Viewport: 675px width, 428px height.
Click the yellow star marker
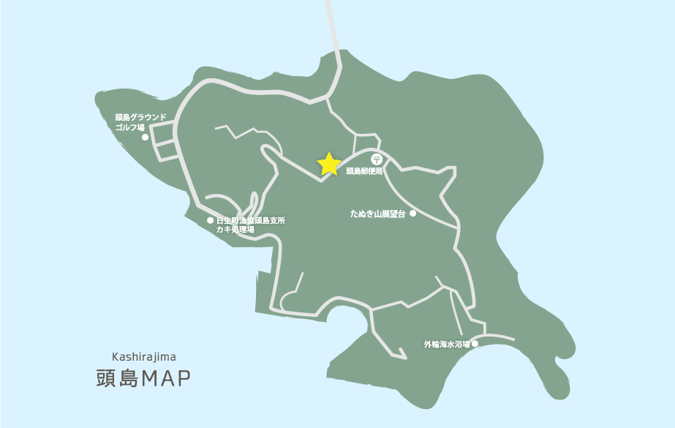pos(329,164)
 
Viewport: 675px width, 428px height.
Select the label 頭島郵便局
pos(364,171)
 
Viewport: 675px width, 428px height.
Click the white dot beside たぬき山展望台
pos(412,214)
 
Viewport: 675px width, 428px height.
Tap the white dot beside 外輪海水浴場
pos(475,343)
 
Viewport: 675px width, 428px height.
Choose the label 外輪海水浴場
pos(447,344)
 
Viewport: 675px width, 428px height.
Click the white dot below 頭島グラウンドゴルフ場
pos(145,137)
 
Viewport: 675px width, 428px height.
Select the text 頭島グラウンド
pos(141,117)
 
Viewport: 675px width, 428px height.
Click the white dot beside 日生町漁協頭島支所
pos(210,220)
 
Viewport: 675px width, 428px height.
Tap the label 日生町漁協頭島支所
pos(251,220)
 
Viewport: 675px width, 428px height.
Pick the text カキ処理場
pos(235,230)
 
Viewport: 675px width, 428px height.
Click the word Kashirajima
pos(144,357)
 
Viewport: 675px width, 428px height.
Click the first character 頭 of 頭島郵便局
pos(350,171)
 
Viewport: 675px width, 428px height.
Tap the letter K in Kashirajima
pos(116,357)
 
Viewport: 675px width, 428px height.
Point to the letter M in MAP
pos(151,378)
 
